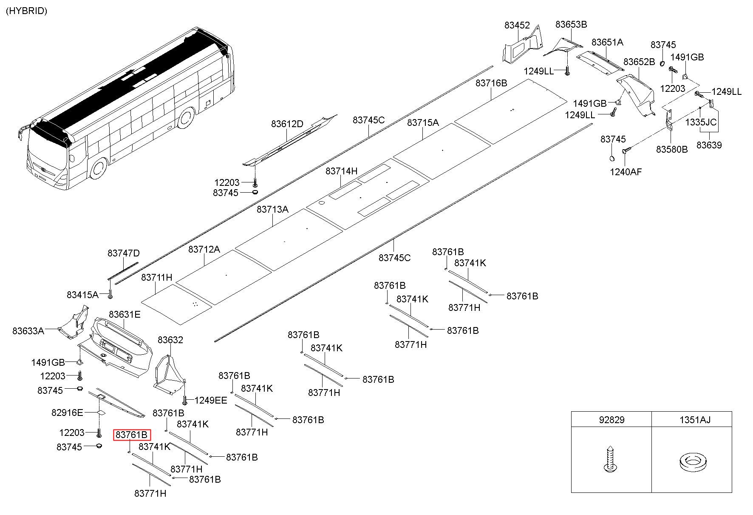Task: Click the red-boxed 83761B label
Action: point(132,435)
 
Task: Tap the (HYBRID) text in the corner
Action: point(26,11)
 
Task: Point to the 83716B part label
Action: point(491,83)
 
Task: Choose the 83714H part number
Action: point(342,171)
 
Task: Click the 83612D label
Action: point(287,124)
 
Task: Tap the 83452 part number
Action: point(517,25)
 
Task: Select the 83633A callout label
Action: point(28,330)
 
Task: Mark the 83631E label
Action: point(125,314)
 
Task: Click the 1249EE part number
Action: point(211,400)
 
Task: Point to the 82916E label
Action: point(68,412)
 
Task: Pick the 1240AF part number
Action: point(626,172)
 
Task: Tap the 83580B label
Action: point(672,149)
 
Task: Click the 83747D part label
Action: point(124,253)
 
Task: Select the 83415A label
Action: point(82,294)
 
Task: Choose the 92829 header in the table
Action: point(611,420)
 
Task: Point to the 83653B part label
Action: point(571,24)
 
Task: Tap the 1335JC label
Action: point(701,122)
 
